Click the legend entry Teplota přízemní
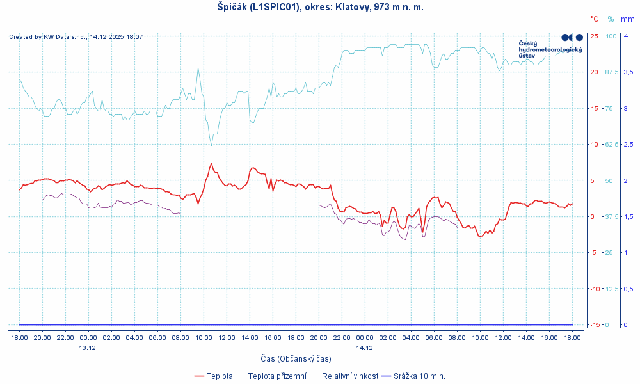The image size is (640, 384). click(271, 376)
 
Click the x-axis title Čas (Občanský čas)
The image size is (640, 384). click(296, 360)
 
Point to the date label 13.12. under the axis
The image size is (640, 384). click(88, 348)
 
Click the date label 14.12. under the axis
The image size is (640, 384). click(365, 348)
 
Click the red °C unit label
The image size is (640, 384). click(595, 19)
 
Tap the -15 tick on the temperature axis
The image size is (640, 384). click(594, 325)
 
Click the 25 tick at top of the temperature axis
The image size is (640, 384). click(594, 36)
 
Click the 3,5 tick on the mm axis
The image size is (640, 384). click(629, 72)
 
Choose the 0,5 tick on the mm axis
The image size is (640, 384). click(629, 289)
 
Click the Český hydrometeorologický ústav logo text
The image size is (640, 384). click(550, 49)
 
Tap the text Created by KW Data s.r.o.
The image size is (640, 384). click(48, 37)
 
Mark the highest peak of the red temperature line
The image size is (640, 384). click(211, 163)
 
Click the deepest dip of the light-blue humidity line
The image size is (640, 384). click(211, 145)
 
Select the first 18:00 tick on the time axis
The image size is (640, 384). click(19, 337)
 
